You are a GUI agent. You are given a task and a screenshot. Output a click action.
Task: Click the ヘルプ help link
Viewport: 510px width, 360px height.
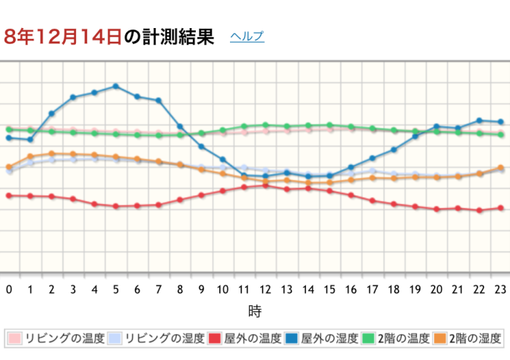click(x=247, y=36)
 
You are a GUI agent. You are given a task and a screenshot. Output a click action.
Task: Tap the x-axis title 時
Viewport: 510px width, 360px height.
click(x=255, y=311)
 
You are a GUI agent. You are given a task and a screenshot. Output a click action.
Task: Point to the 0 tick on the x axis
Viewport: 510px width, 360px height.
click(x=9, y=289)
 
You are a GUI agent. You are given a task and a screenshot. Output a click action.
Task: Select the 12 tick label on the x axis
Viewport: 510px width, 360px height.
click(x=266, y=289)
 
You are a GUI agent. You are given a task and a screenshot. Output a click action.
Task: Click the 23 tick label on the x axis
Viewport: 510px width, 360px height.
click(x=501, y=289)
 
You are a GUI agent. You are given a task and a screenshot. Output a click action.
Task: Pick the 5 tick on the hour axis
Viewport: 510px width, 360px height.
click(x=116, y=289)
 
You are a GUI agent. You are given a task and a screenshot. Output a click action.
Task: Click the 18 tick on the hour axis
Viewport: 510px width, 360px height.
click(x=394, y=289)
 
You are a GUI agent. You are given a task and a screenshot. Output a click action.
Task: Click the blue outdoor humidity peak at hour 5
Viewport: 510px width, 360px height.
click(x=116, y=87)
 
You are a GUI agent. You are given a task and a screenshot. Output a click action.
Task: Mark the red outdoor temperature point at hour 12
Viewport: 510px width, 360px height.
click(x=266, y=185)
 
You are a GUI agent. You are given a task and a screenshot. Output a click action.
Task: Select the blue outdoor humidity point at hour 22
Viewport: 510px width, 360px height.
click(x=480, y=120)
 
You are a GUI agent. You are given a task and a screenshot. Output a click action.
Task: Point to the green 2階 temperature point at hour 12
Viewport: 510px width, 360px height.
click(x=266, y=125)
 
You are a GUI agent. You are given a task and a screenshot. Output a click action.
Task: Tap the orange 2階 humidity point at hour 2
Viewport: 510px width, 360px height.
click(x=52, y=153)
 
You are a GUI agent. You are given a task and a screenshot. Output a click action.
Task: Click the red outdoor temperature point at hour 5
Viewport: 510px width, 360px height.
click(x=116, y=206)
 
